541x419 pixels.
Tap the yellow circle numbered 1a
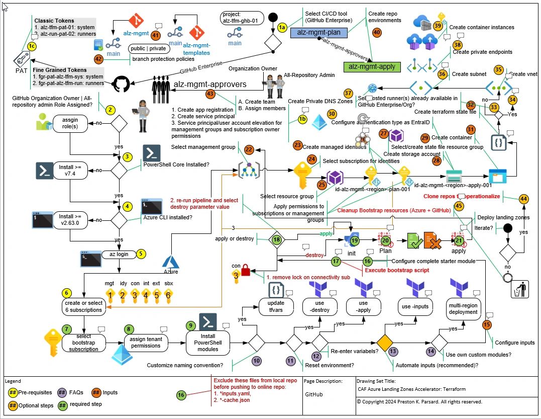pyautogui.click(x=282, y=27)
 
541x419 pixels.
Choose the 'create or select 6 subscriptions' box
pyautogui.click(x=83, y=306)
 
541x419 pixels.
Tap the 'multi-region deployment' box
pyautogui.click(x=463, y=308)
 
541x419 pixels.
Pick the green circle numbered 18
pyautogui.click(x=276, y=240)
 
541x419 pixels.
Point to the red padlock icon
pyautogui.click(x=246, y=272)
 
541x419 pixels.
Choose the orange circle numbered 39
pyautogui.click(x=438, y=25)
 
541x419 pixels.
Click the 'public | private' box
pyautogui.click(x=147, y=49)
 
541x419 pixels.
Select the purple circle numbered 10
pyautogui.click(x=257, y=360)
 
